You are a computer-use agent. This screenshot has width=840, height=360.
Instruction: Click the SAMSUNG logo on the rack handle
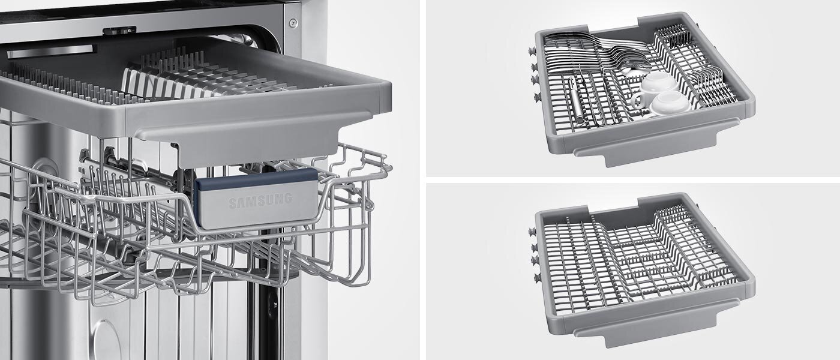point(260,200)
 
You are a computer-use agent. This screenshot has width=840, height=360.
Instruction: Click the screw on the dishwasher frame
point(293,23)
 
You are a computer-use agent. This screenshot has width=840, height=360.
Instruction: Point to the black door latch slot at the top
point(119,30)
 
